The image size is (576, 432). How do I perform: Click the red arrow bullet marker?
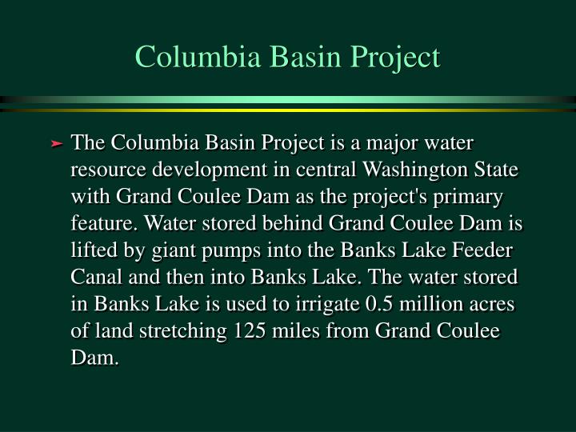pyautogui.click(x=56, y=144)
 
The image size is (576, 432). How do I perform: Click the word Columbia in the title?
pyautogui.click(x=198, y=57)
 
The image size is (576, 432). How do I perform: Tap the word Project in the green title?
pyautogui.click(x=395, y=58)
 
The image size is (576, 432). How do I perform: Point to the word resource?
pyautogui.click(x=108, y=170)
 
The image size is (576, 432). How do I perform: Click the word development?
pyautogui.click(x=210, y=170)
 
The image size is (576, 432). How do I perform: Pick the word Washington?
pyautogui.click(x=415, y=170)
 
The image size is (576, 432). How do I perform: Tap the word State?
pyautogui.click(x=496, y=169)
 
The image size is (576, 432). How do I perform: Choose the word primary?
pyautogui.click(x=468, y=198)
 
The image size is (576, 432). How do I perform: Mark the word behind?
pyautogui.click(x=293, y=223)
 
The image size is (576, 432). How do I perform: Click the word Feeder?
pyautogui.click(x=482, y=250)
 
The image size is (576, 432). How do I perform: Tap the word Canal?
pyautogui.click(x=96, y=277)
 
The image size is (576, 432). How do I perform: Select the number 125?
pyautogui.click(x=250, y=330)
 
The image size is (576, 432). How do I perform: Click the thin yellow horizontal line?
pyautogui.click(x=288, y=110)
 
